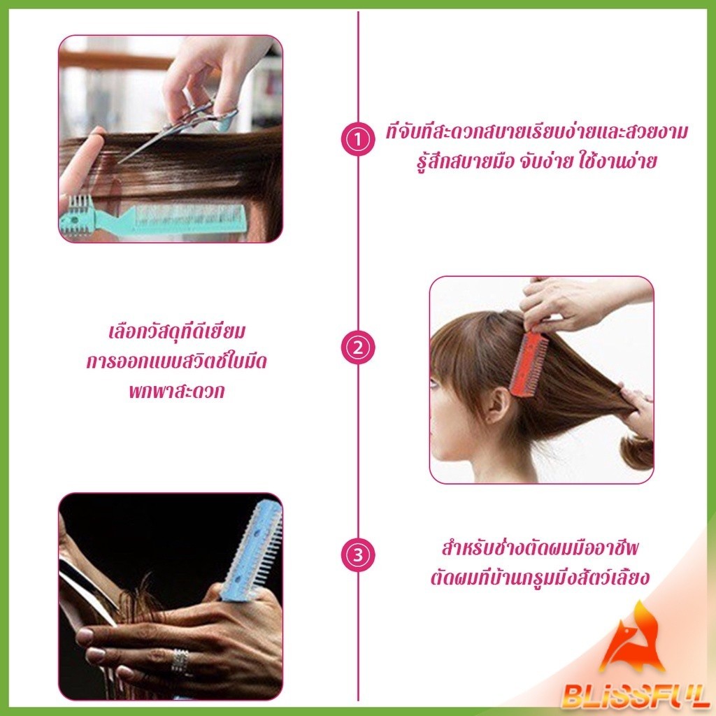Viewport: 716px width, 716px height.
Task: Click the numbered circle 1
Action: [x=358, y=139]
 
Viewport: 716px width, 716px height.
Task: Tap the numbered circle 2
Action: [x=358, y=348]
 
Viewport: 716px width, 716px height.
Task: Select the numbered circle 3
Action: [x=358, y=555]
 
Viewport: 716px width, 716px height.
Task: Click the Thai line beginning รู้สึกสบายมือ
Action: [x=537, y=162]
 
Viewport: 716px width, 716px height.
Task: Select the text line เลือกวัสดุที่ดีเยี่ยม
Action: [x=177, y=332]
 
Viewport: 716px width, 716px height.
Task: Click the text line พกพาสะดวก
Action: [x=177, y=392]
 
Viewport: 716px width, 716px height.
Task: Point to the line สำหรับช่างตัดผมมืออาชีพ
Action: [x=540, y=548]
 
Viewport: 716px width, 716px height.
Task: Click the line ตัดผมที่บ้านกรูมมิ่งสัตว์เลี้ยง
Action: [x=540, y=578]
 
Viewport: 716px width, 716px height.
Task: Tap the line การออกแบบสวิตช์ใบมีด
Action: [x=177, y=361]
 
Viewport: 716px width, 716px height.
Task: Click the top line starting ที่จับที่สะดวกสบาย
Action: [x=537, y=132]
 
